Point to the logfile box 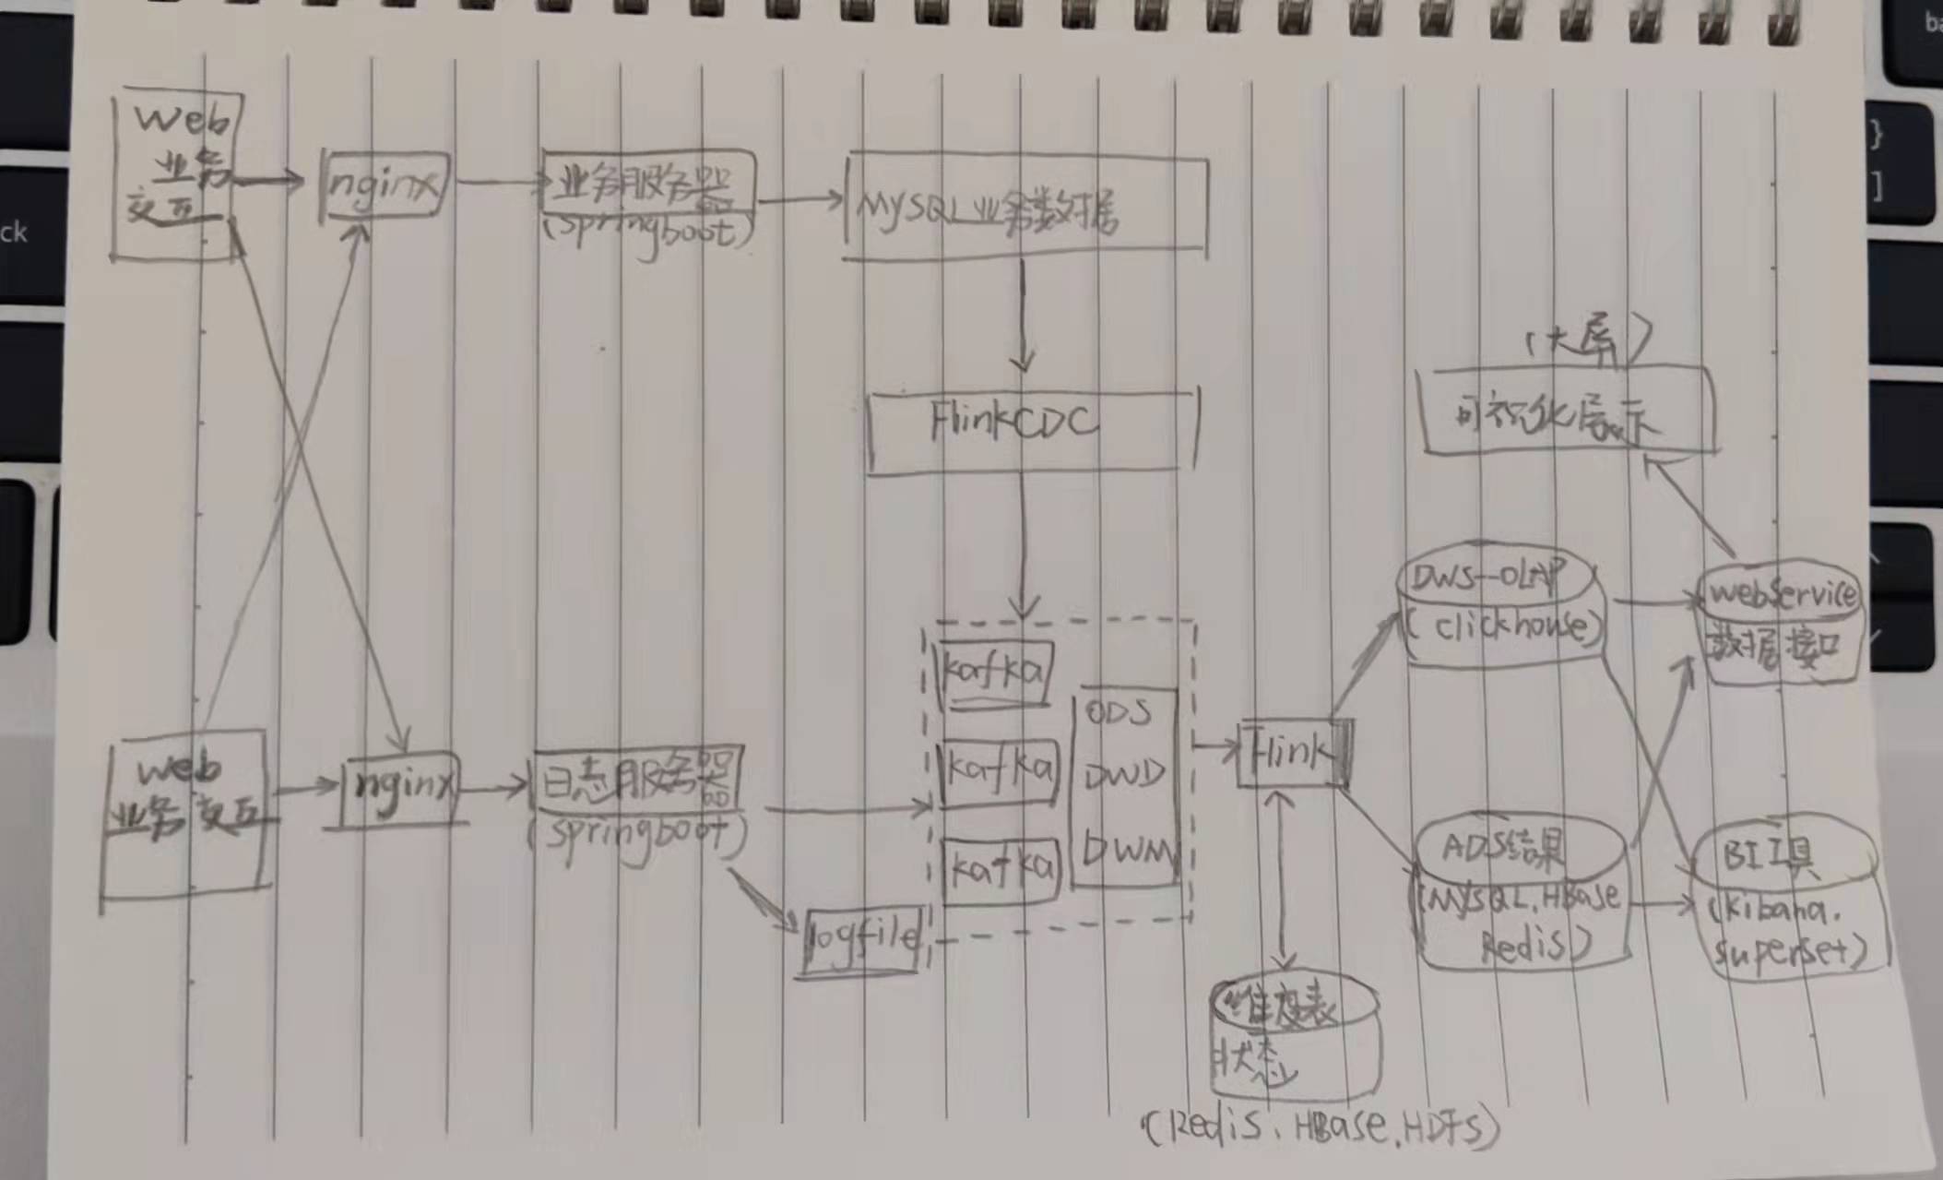[863, 941]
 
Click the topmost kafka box [994, 672]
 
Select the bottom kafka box [1001, 869]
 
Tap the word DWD [1123, 775]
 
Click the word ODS [1120, 712]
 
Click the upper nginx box [384, 185]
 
